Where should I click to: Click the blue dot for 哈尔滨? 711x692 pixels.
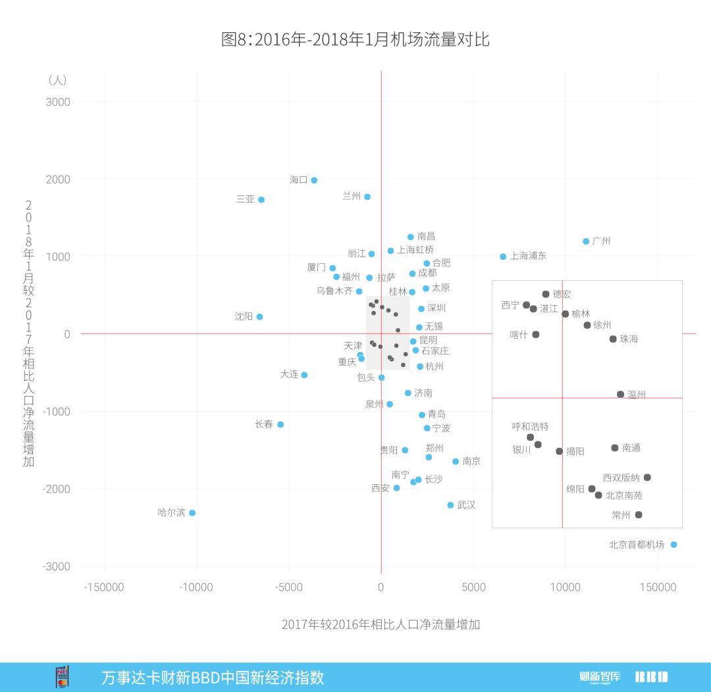click(192, 512)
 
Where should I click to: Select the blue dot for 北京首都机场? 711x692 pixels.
click(673, 545)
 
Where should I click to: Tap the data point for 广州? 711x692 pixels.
click(586, 241)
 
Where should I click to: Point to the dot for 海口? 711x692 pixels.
click(314, 180)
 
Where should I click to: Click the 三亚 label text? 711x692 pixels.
click(246, 199)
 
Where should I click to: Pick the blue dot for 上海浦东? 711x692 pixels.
click(503, 257)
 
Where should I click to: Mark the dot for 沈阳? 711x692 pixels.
click(259, 316)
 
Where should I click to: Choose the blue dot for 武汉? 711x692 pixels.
click(450, 505)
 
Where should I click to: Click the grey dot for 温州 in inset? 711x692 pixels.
click(620, 395)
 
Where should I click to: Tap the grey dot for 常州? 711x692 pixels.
click(639, 514)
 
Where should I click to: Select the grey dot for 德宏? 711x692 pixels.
click(546, 294)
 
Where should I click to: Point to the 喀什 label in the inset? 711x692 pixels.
click(519, 335)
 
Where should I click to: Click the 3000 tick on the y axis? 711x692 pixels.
click(58, 102)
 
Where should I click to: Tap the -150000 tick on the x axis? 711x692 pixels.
click(103, 587)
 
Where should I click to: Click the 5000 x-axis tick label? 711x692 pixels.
click(473, 587)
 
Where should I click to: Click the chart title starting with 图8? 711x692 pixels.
click(355, 39)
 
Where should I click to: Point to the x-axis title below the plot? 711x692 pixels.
click(381, 625)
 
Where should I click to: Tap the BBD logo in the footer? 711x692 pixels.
click(651, 677)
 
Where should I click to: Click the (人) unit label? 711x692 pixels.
click(57, 80)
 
